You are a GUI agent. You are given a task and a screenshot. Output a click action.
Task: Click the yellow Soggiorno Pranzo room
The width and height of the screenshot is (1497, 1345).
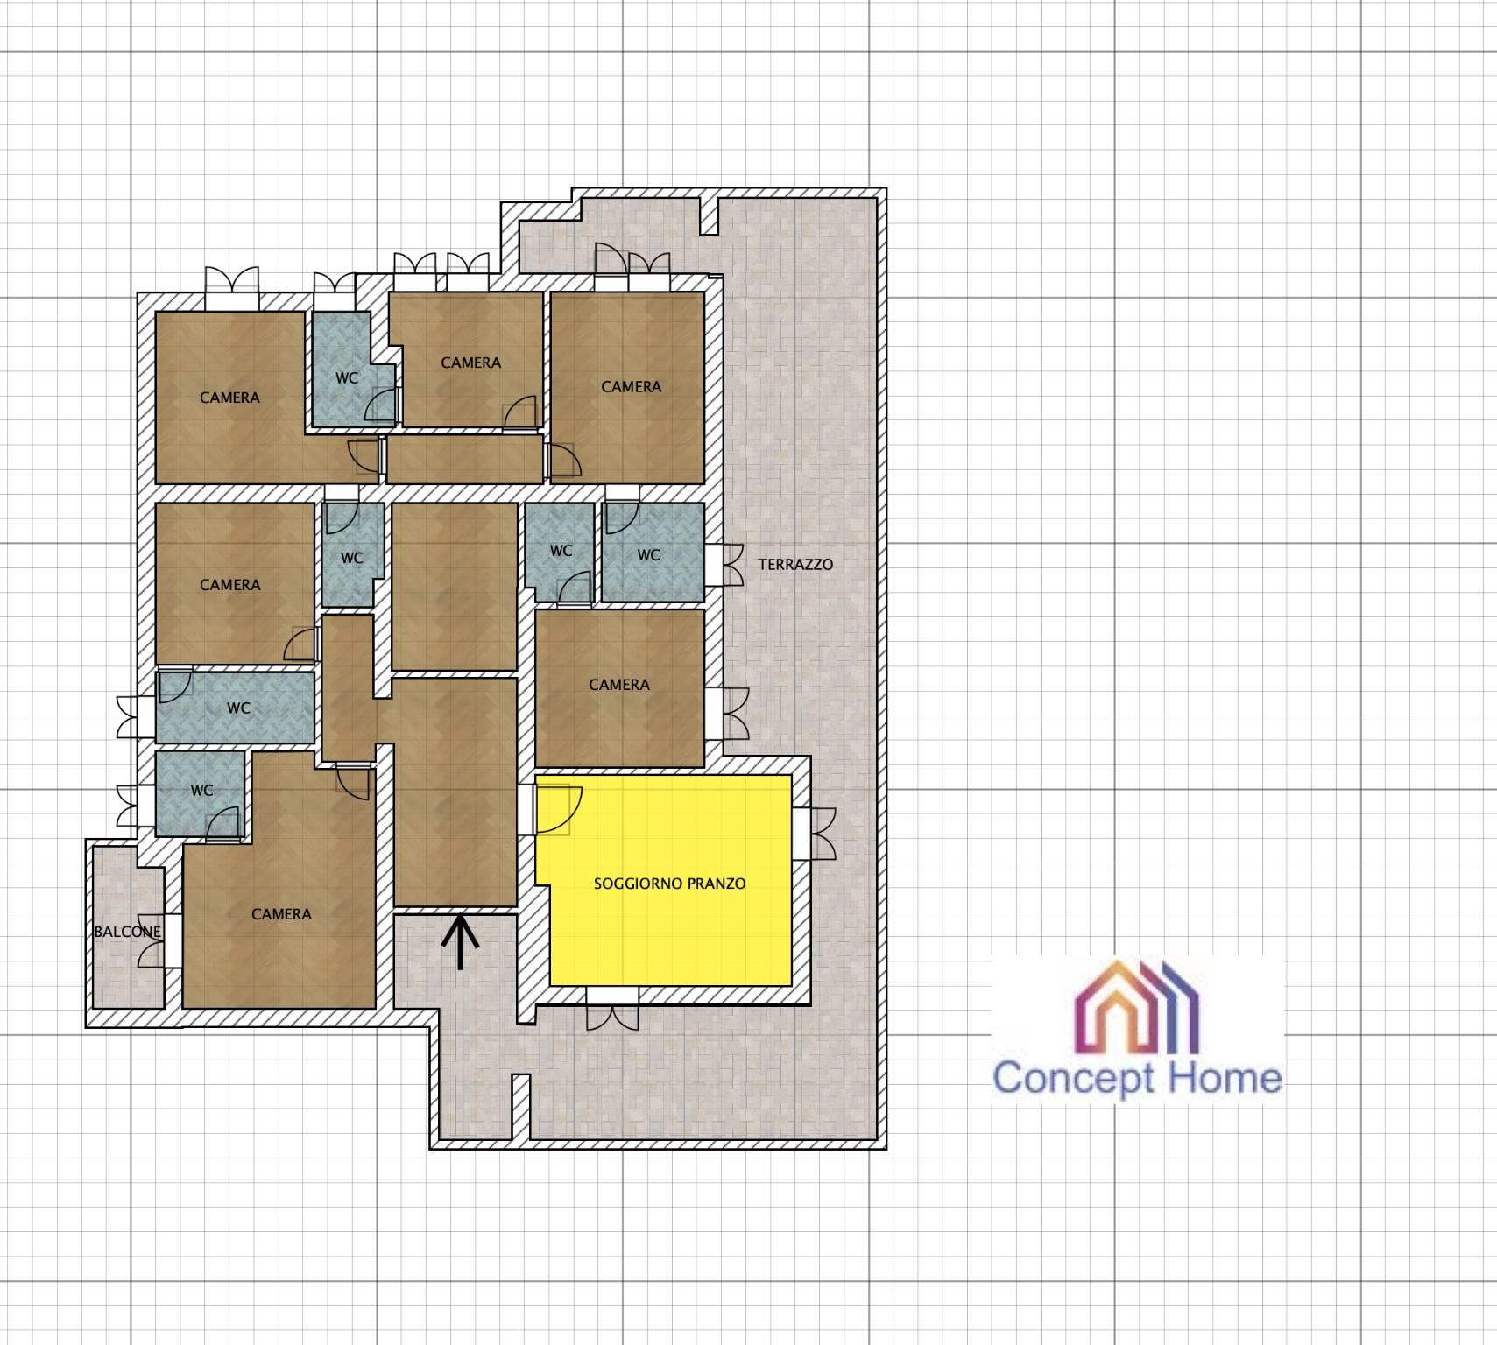670,880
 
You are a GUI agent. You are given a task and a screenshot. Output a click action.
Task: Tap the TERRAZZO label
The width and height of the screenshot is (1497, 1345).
795,565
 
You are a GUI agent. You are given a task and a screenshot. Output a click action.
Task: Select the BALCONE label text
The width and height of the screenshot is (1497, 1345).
128,932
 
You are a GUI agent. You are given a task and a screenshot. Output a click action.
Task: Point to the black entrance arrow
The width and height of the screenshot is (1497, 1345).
461,942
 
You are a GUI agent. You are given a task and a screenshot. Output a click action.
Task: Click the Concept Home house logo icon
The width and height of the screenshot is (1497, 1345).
1136,1006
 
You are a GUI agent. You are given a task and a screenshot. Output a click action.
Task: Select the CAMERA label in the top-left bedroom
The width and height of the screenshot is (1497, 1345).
229,398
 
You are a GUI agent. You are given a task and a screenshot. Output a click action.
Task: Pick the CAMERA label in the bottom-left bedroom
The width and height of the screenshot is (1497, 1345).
281,914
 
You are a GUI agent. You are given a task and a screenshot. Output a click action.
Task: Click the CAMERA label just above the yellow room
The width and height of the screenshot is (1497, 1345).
619,685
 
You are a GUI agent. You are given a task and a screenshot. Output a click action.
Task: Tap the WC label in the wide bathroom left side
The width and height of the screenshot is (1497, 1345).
238,708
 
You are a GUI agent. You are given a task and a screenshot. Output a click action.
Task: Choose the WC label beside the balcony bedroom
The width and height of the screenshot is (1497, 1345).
201,790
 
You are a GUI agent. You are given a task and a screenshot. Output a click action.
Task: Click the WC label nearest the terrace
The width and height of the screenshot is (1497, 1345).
648,555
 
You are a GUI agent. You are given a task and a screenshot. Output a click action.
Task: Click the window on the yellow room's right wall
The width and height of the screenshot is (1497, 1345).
814,833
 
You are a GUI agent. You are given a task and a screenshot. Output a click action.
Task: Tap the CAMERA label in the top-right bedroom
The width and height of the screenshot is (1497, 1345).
631,386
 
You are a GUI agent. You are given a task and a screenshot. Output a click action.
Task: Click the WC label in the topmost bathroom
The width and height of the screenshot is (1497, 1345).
347,378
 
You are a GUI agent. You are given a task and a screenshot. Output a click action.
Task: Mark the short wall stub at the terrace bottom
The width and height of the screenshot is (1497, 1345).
521,1108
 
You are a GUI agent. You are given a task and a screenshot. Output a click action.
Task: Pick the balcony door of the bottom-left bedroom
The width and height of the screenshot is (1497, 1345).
161,940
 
